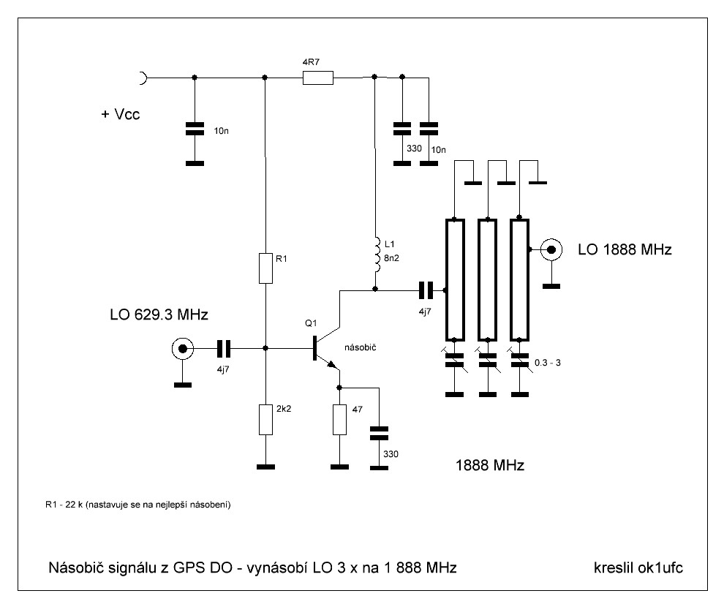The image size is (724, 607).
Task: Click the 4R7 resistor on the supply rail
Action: pos(318,77)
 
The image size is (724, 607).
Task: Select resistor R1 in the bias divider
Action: pos(265,268)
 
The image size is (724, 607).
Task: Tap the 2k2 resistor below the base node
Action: pos(265,420)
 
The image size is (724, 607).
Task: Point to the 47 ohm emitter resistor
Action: pos(339,420)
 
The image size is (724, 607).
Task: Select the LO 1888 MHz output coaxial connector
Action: pos(552,250)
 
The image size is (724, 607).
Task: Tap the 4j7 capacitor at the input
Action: pos(223,349)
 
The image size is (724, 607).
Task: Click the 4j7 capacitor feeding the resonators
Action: pos(425,290)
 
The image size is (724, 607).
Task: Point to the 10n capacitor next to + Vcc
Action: pos(194,129)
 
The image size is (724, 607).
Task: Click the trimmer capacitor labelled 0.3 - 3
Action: pos(520,361)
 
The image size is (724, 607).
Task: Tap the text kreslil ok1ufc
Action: pos(640,568)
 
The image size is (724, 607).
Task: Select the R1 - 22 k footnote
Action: pos(138,505)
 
